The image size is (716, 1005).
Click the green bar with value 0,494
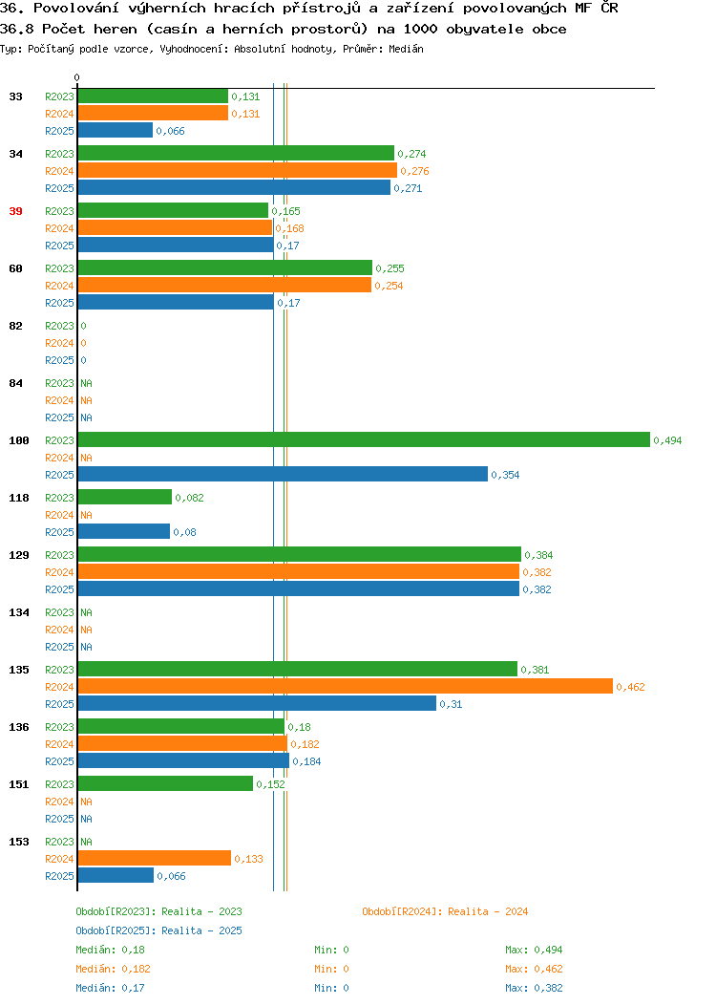point(364,439)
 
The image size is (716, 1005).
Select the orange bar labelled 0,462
point(346,687)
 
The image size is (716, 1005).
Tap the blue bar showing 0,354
point(284,474)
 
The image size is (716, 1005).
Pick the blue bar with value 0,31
point(258,703)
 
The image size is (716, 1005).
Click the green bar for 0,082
point(125,498)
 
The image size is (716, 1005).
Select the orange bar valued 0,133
point(155,858)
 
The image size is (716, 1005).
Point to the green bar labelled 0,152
point(165,783)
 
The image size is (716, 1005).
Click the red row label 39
point(16,211)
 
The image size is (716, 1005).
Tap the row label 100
point(19,441)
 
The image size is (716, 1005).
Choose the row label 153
point(19,843)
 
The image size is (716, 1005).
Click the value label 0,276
point(415,171)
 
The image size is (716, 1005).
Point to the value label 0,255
point(390,268)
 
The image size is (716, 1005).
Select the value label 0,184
point(306,761)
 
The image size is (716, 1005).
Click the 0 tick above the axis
point(77,77)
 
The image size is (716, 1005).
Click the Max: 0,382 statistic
point(534,989)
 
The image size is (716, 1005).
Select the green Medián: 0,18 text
point(110,950)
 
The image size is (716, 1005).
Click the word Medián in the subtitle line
point(406,49)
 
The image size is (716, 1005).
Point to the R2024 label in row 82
point(59,344)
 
